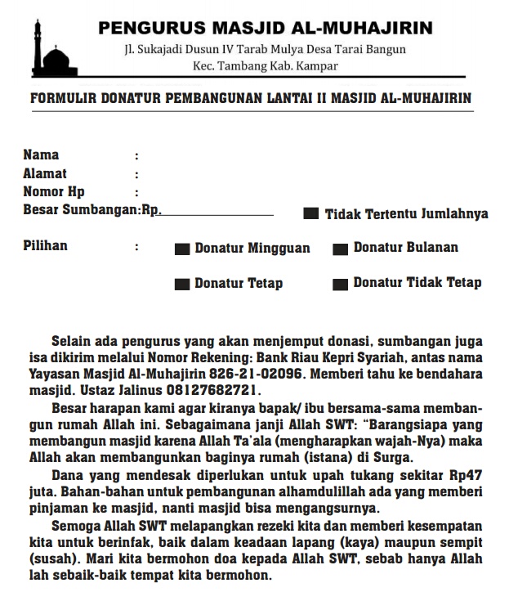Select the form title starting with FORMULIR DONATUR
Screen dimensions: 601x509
point(250,99)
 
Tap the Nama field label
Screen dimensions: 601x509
point(41,155)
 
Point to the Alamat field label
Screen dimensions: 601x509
point(45,173)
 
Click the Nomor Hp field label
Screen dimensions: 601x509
point(54,192)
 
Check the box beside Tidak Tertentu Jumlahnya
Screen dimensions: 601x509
point(311,214)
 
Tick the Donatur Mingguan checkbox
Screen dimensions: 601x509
point(183,249)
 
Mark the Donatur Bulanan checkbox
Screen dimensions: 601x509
point(342,248)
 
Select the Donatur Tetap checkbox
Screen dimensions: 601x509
point(183,285)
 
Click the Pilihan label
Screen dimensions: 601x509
point(45,245)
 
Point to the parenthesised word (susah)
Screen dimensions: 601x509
point(49,559)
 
